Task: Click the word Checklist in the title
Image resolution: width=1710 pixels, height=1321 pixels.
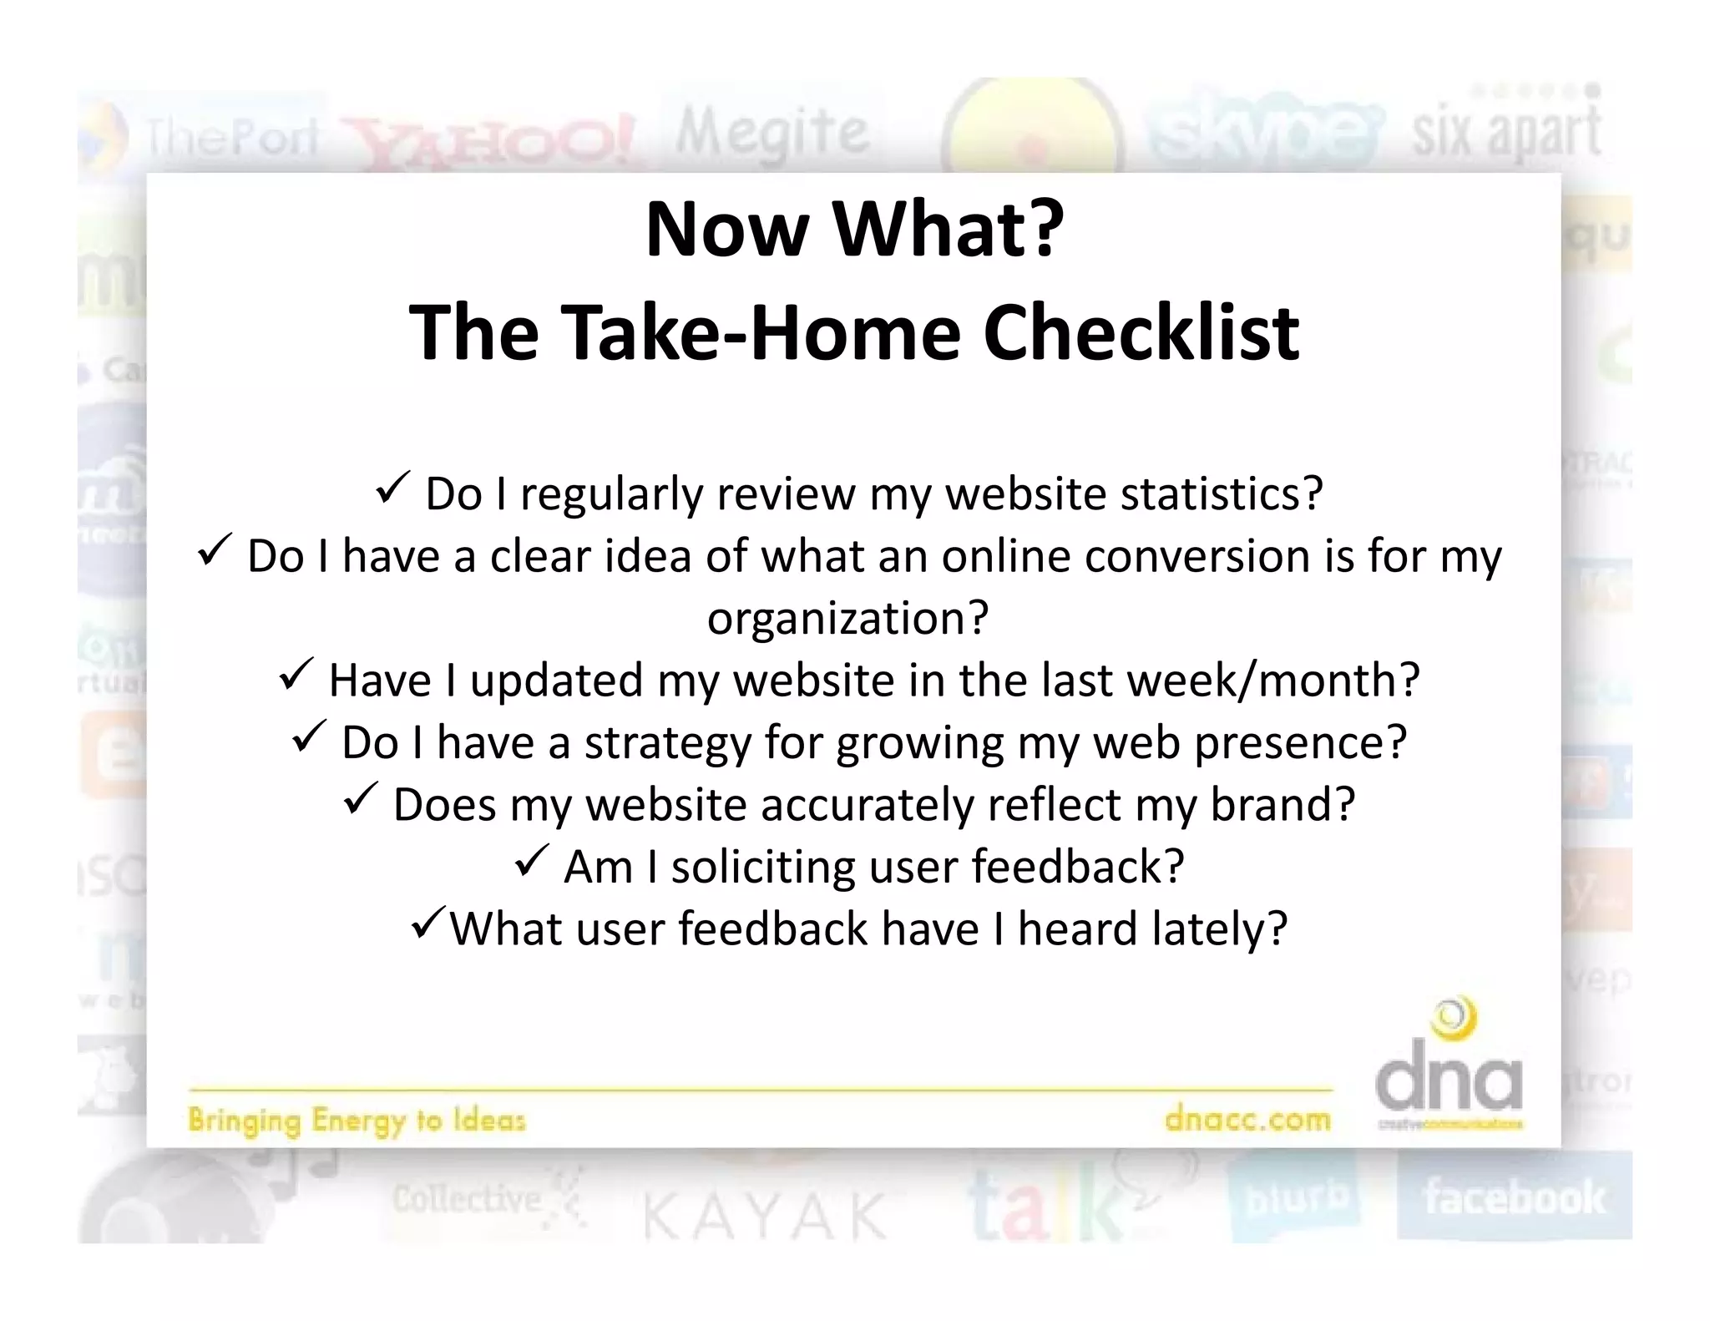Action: [1141, 333]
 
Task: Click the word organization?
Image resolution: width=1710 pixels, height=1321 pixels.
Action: [847, 618]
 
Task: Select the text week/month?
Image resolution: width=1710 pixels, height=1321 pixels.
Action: [1273, 680]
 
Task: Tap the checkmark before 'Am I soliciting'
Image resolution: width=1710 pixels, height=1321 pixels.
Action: [531, 860]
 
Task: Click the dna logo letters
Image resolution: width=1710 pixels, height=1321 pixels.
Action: [1449, 1081]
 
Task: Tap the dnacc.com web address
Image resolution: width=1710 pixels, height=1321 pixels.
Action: [1247, 1118]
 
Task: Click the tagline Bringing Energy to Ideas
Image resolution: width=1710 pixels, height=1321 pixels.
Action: [357, 1120]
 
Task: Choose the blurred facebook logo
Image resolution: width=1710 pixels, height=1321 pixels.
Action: [1514, 1197]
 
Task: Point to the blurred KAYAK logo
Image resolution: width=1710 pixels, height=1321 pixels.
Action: [764, 1216]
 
